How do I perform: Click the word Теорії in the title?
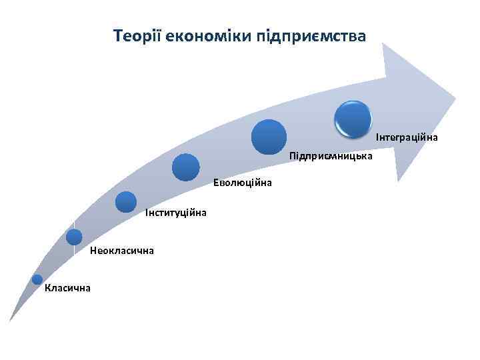coord(133,35)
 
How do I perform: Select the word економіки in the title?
coord(203,35)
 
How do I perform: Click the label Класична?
coord(67,288)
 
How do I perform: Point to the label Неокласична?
coord(122,251)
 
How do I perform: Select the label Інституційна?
coord(175,213)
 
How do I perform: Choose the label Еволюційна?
coord(243,183)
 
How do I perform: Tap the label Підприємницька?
coord(331,157)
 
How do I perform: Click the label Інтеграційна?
coord(407,137)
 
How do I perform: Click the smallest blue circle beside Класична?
coord(37,280)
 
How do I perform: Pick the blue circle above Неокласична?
coord(74,237)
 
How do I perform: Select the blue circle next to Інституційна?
coord(125,201)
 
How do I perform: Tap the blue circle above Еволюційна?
coord(185,167)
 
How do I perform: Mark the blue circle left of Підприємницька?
coord(269,137)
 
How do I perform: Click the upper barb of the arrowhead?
coord(385,46)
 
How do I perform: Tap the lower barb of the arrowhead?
coord(399,178)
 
